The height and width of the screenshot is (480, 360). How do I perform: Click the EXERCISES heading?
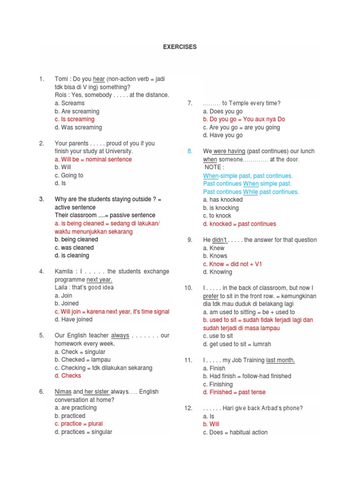coord(180,47)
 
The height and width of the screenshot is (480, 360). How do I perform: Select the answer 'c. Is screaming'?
coord(75,119)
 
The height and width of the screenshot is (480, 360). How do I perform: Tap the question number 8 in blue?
coord(190,151)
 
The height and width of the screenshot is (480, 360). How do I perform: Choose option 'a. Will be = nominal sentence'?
coord(93,159)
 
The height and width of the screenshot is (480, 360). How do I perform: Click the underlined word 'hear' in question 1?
coord(99,79)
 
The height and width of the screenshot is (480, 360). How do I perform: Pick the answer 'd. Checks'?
coord(67,375)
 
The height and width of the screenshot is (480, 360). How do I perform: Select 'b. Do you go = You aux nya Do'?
coord(244,119)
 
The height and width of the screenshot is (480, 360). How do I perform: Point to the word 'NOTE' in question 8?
coord(214,167)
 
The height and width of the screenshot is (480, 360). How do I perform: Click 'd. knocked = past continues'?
coord(240,224)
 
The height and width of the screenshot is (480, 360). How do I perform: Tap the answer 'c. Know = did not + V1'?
coord(232,264)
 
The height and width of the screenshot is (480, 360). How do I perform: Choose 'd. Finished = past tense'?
coord(234,392)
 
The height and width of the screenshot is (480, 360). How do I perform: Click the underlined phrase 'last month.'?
coord(281,360)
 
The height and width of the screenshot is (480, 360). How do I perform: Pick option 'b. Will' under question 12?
coord(211,424)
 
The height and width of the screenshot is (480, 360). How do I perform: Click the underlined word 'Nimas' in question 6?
coord(63,392)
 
